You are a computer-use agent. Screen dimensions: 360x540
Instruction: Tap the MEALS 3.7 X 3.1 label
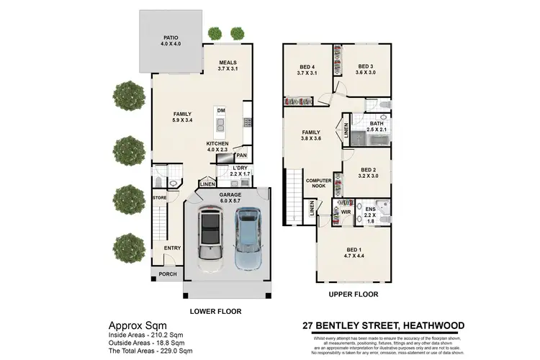coord(228,66)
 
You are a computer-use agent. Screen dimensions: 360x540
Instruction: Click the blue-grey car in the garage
coord(246,236)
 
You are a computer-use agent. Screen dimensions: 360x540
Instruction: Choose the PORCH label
coord(167,274)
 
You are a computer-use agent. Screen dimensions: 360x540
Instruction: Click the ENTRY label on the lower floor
coord(172,248)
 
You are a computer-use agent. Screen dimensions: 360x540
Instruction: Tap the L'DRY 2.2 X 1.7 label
coord(220,171)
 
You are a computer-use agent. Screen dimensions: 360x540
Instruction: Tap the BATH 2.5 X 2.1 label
coord(377,127)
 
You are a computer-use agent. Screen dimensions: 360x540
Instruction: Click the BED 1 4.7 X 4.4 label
coord(356,251)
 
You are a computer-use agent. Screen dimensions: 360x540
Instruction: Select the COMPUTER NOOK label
coord(318,184)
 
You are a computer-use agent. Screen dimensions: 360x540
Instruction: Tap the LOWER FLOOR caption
coord(215,311)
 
